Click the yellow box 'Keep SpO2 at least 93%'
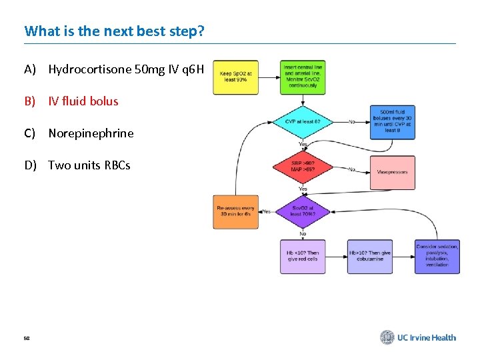(235, 77)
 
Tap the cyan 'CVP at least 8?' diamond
(303, 121)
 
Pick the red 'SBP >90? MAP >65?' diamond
(303, 167)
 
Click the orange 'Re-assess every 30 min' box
(235, 212)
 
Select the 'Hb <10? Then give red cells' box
(303, 257)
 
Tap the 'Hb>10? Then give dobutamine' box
(370, 257)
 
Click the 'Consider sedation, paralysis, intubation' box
(437, 257)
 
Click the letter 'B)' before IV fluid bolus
(30, 101)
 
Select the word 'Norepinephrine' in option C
(91, 133)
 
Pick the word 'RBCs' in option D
(117, 165)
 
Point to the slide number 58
(27, 339)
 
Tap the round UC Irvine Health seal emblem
(387, 337)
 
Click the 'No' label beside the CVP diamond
(351, 122)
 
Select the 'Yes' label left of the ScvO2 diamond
(267, 211)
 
